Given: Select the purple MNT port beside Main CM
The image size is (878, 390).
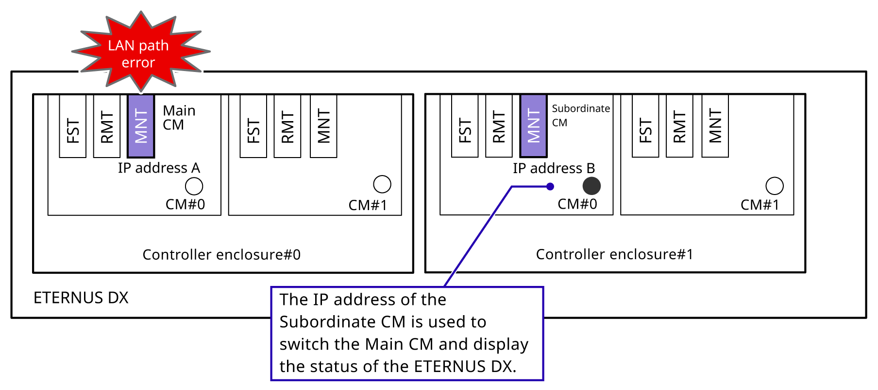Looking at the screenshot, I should pos(141,125).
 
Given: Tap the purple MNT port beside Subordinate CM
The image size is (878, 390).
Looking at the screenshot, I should pos(533,125).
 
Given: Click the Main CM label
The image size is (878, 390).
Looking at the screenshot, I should pos(179,118).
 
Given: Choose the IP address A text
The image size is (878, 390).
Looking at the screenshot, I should pos(159,168).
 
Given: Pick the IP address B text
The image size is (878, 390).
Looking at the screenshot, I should pos(554,168).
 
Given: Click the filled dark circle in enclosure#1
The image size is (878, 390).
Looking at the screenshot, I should pos(591,186).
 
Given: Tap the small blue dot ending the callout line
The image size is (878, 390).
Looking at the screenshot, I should pos(550,186).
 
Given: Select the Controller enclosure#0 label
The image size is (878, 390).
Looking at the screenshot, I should pos(221,255).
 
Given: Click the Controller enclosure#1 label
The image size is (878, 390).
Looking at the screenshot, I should pos(614,254).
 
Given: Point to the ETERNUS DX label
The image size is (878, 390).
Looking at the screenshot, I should pos(81,298).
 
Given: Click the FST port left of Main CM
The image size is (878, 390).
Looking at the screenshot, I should pos(73,126).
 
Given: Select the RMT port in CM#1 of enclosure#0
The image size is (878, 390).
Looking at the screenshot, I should pos(287,126).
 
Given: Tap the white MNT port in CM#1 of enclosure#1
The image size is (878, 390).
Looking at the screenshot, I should pos(715,126).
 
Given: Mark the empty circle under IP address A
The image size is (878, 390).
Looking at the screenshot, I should pos(194,186).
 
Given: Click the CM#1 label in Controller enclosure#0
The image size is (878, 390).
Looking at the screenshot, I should pos(368,205).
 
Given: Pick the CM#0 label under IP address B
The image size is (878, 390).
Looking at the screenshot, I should pos(577,204).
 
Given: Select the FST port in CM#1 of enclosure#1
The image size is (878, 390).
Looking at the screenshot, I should pos(645,126).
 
